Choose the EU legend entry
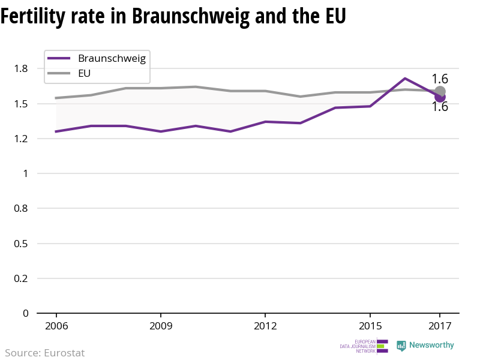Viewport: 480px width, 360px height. (84, 74)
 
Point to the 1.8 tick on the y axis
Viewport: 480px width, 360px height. (21, 69)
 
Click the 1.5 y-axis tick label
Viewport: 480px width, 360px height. (21, 104)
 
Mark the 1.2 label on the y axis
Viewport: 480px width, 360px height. (21, 139)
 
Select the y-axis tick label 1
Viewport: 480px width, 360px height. (25, 173)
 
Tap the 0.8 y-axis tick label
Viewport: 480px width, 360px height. (21, 208)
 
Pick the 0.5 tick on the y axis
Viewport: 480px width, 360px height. (21, 244)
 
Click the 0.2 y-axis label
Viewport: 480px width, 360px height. (21, 278)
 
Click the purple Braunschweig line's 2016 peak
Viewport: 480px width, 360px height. (405, 79)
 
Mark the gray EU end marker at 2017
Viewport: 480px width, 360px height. (440, 92)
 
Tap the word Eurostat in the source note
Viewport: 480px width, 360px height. (64, 353)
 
